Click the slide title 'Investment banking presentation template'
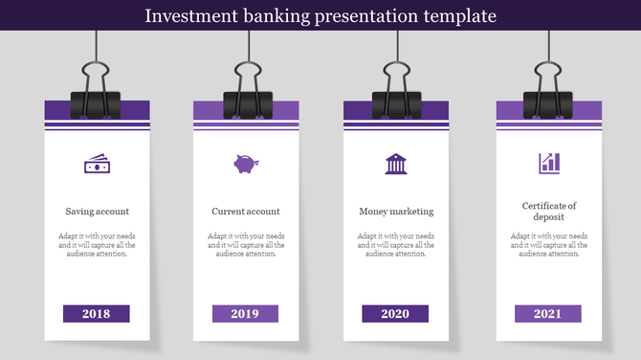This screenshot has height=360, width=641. [x=320, y=15]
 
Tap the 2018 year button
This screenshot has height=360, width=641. [x=96, y=314]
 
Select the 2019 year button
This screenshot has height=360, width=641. [x=245, y=314]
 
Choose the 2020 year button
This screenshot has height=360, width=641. [x=395, y=314]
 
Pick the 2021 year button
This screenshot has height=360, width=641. [x=547, y=314]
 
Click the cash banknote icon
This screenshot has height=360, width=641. [x=97, y=165]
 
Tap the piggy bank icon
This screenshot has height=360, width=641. [x=246, y=164]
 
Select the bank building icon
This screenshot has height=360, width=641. [x=395, y=164]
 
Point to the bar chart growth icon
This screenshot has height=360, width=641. [x=549, y=164]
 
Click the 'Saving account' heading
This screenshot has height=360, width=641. [x=97, y=212]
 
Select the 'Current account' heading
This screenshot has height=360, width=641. [x=246, y=212]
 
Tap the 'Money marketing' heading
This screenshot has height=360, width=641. [x=396, y=212]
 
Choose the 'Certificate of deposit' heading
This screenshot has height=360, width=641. [x=549, y=212]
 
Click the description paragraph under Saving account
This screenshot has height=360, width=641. [x=97, y=245]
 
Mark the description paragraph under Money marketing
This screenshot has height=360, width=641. [x=396, y=245]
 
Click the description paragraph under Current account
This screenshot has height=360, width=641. [x=246, y=245]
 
